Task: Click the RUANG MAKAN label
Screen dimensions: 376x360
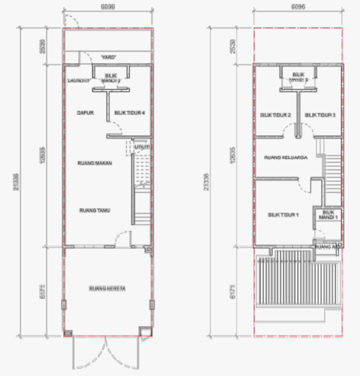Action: pos(94,163)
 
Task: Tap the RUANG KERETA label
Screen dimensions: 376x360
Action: pos(106,288)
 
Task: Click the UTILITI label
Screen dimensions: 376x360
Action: pos(143,147)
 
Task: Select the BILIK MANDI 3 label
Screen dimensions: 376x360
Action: pos(112,78)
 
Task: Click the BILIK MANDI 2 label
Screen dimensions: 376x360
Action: pos(298,77)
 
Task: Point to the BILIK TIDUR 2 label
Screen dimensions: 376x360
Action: pos(276,115)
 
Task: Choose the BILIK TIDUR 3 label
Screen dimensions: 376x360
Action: pos(320,115)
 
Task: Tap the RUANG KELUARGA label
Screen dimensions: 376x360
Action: pos(284,157)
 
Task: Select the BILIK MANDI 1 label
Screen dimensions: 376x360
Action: pos(328,215)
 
